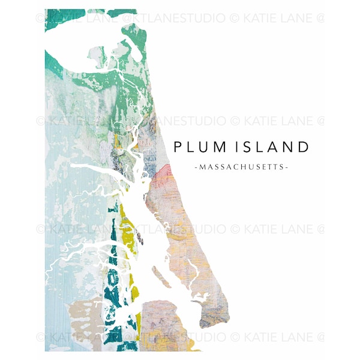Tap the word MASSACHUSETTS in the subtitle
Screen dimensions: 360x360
[x=241, y=166]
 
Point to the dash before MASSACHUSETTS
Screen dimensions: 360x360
[x=196, y=166]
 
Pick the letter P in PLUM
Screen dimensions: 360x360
[x=177, y=146]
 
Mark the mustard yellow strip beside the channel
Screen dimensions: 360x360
[x=128, y=240]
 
